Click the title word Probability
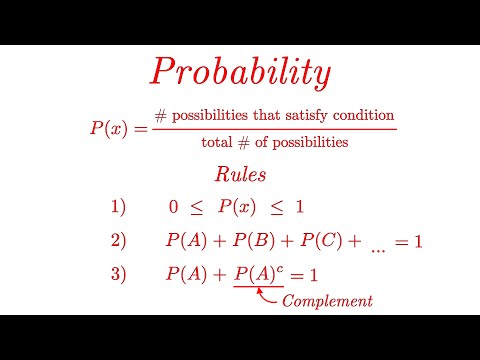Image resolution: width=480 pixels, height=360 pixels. point(240,72)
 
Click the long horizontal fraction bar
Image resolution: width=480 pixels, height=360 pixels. point(275,128)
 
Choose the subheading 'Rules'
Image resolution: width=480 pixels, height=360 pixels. point(240,175)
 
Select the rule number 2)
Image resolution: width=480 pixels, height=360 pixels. point(119,241)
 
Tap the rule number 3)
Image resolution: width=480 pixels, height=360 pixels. point(119,274)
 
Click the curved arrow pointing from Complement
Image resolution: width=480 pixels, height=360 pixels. point(267,295)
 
